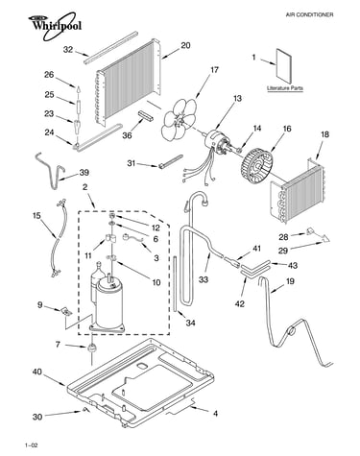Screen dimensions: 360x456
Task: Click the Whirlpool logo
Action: click(x=55, y=25)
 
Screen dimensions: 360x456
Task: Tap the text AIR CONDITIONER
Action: click(x=309, y=14)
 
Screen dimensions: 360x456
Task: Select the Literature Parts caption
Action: click(x=285, y=88)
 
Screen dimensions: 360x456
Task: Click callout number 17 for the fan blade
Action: click(x=214, y=69)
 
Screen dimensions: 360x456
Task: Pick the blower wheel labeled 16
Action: click(x=257, y=166)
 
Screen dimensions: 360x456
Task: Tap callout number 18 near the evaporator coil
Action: click(x=324, y=134)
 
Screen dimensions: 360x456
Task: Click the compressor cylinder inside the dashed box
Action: click(x=108, y=302)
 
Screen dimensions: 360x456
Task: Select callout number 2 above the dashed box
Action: click(x=84, y=187)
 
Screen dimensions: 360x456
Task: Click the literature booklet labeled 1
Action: click(x=284, y=66)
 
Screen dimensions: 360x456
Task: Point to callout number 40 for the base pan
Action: click(x=37, y=372)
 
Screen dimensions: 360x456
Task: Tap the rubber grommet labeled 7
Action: click(x=91, y=348)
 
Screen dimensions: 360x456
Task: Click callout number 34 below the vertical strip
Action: click(x=190, y=323)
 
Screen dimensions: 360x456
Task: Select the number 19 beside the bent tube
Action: click(x=290, y=281)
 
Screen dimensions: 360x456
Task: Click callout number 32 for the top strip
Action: click(x=68, y=49)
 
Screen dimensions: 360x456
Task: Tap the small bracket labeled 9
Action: click(x=66, y=311)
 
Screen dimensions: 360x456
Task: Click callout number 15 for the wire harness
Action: click(x=36, y=216)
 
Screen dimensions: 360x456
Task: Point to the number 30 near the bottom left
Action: click(x=37, y=417)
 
